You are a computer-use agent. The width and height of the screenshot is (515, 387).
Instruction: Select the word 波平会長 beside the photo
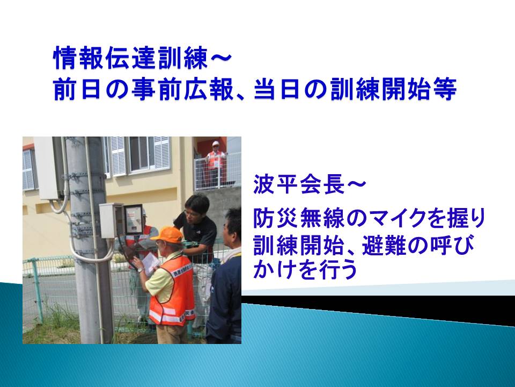[x=299, y=184]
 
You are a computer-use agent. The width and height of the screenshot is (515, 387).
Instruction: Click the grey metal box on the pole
[x=111, y=220]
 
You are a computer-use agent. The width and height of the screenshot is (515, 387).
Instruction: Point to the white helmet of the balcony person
[x=216, y=144]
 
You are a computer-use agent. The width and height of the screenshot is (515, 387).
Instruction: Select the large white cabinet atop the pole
[x=49, y=168]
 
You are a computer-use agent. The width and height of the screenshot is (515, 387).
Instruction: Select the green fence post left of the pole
[x=37, y=290]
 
